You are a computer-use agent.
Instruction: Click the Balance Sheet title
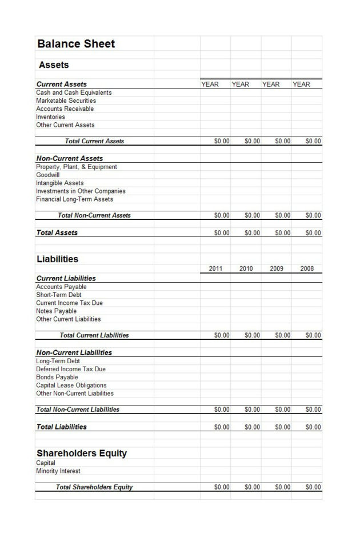(x=76, y=44)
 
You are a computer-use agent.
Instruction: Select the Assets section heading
(x=54, y=65)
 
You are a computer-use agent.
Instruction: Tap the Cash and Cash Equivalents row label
(x=74, y=93)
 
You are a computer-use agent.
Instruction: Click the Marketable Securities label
(x=66, y=101)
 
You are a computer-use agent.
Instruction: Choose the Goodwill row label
(x=47, y=175)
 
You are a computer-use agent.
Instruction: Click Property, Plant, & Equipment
(x=77, y=167)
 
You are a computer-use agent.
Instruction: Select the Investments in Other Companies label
(x=81, y=191)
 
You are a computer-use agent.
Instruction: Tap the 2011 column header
(x=215, y=268)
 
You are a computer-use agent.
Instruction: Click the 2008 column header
(x=307, y=268)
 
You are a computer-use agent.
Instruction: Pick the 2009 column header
(x=277, y=268)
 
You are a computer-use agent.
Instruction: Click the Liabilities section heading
(x=58, y=259)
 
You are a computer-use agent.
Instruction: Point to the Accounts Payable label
(x=61, y=287)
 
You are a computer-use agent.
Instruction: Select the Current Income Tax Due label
(x=69, y=303)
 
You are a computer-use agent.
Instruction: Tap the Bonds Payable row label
(x=57, y=378)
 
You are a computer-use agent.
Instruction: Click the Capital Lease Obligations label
(x=71, y=386)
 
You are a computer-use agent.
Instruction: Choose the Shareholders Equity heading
(x=82, y=453)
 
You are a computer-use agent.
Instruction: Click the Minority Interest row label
(x=58, y=471)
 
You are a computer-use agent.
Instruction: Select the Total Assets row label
(x=57, y=233)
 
